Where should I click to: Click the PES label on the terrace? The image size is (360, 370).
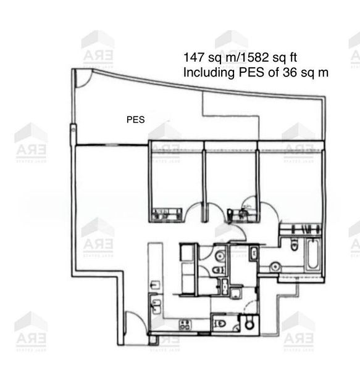135,120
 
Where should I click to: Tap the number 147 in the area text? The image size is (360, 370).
193,57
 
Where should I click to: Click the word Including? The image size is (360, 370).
209,72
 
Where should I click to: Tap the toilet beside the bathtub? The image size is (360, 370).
293,245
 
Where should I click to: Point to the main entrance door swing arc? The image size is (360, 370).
132,324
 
